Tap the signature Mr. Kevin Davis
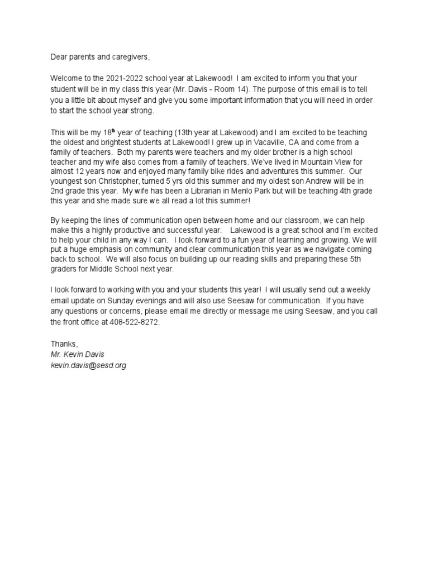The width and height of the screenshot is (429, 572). pyautogui.click(x=77, y=355)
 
